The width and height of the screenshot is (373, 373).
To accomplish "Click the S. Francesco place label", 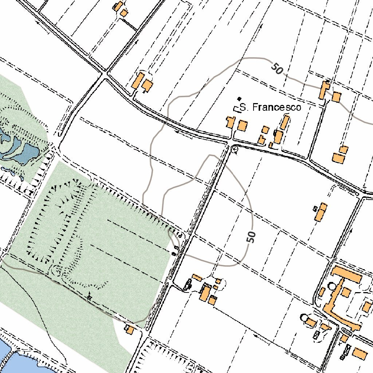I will coord(271,107).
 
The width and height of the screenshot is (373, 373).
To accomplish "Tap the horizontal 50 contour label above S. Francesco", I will coord(277,68).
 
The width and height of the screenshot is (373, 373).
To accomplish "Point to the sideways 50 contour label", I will coord(251,237).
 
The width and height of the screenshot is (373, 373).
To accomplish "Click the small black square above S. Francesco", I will coord(239,98).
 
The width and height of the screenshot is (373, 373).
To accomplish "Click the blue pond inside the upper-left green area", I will coord(22,151).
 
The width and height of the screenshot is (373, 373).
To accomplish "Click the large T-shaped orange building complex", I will coord(341,291).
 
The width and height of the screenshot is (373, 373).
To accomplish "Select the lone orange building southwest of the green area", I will coord(129,330).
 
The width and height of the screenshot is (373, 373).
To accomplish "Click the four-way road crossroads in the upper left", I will coord(105,74).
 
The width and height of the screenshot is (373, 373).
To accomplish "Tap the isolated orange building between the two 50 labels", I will coord(321,212).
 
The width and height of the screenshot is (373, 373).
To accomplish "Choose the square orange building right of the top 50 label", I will coord(336,97).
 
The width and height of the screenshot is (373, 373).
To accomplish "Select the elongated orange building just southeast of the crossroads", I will coord(138,80).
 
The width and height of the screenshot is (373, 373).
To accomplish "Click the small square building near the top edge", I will coord(124,13).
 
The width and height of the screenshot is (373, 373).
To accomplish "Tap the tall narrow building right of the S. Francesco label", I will coord(284,123).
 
